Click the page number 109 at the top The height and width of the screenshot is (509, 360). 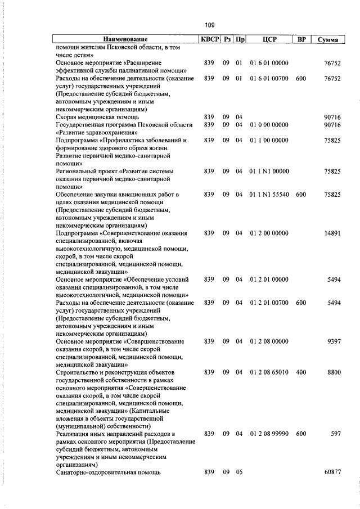tap(209, 25)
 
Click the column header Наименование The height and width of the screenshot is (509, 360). tap(125, 40)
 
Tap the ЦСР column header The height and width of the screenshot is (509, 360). tap(268, 40)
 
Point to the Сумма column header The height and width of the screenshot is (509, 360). tap(327, 40)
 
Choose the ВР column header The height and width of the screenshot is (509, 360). tap(300, 40)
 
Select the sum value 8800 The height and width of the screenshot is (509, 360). tap(332, 372)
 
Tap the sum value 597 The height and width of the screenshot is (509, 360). tap(335, 434)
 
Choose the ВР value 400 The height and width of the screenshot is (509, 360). tap(300, 372)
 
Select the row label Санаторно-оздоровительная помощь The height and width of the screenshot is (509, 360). tap(109, 472)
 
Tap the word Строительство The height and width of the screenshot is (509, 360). tap(79, 372)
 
